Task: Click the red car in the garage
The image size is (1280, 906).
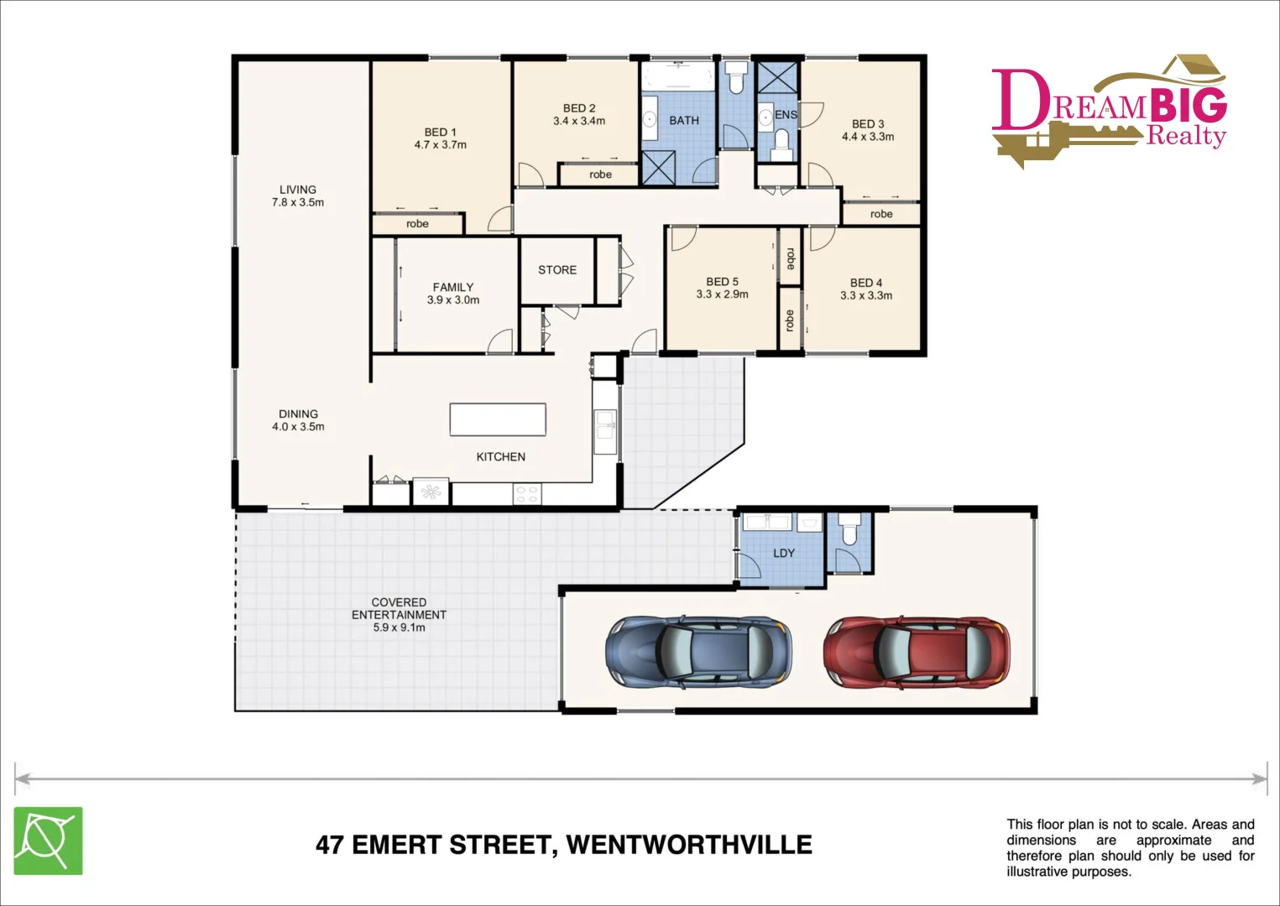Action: [x=917, y=653]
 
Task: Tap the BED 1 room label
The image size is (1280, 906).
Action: [x=440, y=133]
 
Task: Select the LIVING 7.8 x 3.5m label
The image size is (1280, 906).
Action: [x=298, y=195]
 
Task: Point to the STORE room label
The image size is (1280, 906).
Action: [x=557, y=270]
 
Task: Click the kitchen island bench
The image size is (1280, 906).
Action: [x=498, y=419]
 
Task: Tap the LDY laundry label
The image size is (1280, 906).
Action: [x=783, y=554]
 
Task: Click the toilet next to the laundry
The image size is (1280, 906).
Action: [x=849, y=532]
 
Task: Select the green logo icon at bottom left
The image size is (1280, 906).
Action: [x=48, y=841]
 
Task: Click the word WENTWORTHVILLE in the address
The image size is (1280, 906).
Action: [x=689, y=845]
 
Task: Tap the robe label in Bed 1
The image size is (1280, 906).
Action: [x=417, y=224]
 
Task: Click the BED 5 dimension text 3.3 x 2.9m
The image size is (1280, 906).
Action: [x=722, y=294]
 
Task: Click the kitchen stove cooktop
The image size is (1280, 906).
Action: [x=526, y=494]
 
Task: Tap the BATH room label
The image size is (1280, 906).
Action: [x=684, y=121]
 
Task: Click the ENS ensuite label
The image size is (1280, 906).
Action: [x=786, y=115]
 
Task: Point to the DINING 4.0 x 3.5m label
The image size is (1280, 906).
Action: [x=298, y=420]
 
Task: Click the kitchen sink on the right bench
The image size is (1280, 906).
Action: [x=604, y=425]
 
